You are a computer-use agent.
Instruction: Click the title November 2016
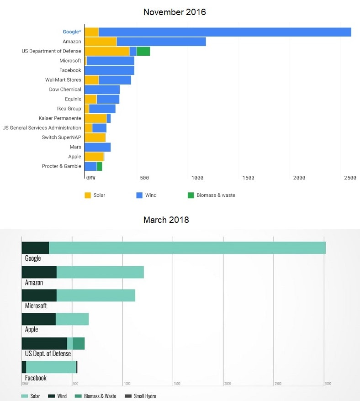click(175, 12)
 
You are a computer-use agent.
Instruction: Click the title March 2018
click(166, 220)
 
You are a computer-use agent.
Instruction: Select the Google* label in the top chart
click(72, 32)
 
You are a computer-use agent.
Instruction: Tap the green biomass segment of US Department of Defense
click(143, 51)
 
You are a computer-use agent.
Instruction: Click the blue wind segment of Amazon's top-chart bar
click(161, 42)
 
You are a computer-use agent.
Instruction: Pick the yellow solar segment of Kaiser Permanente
click(95, 118)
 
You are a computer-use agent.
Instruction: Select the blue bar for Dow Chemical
click(102, 90)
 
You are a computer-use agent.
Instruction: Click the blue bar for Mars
click(97, 147)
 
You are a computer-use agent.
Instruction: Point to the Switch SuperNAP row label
click(61, 137)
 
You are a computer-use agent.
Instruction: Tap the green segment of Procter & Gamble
click(99, 166)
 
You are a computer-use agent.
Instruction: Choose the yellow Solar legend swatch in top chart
click(88, 195)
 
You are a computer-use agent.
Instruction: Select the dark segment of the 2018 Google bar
click(35, 248)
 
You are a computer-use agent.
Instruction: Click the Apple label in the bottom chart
click(32, 329)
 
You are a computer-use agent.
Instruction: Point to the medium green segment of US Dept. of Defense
click(79, 343)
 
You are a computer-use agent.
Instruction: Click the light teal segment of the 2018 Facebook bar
click(51, 367)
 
